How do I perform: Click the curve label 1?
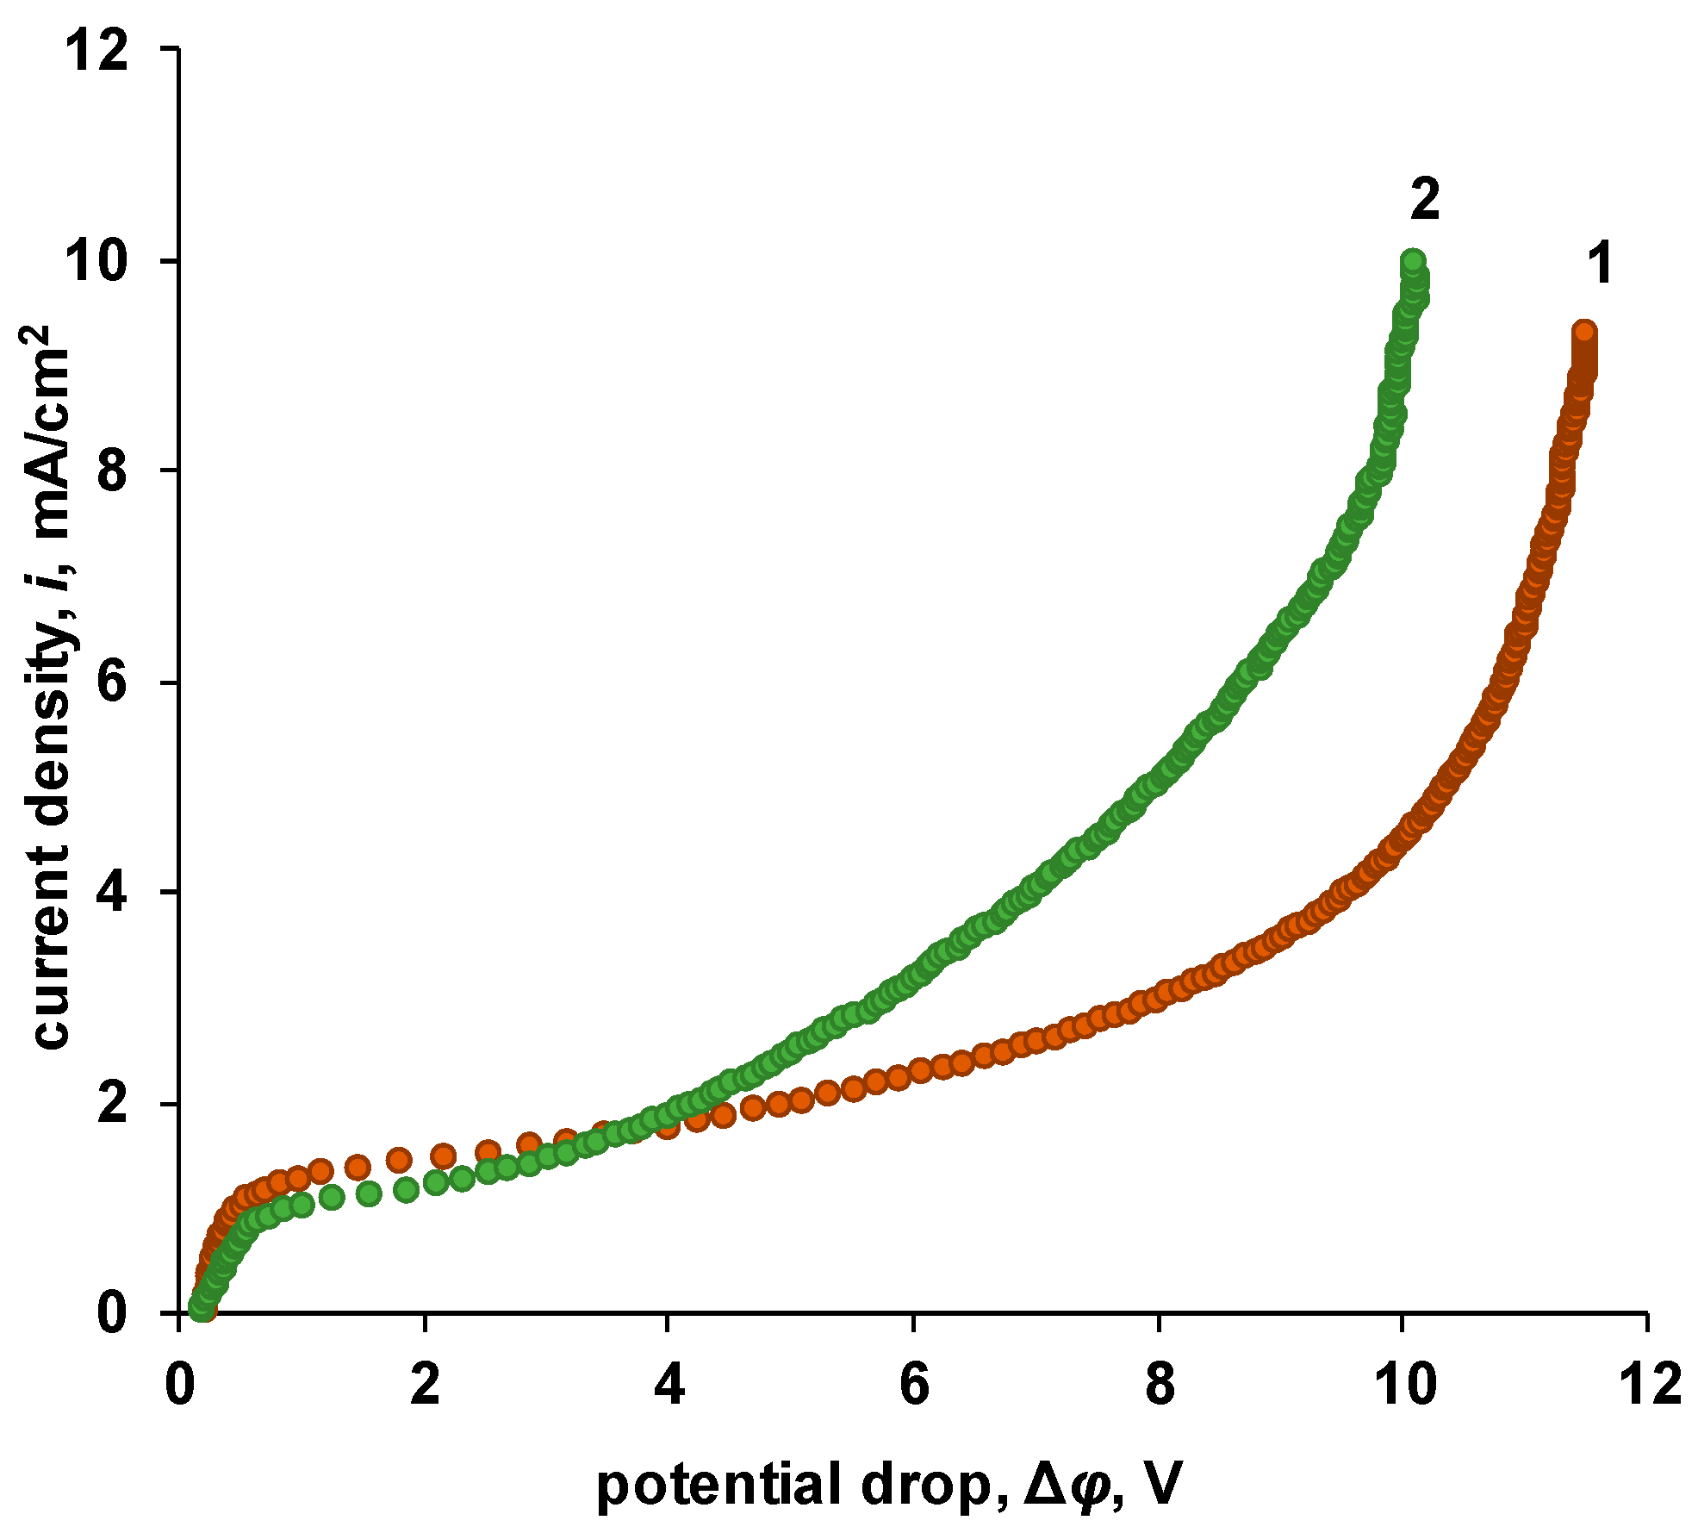tap(1600, 264)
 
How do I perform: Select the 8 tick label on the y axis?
tap(113, 472)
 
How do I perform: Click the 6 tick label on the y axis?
tap(113, 682)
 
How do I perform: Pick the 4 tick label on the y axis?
tap(113, 893)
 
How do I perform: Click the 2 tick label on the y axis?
tap(113, 1104)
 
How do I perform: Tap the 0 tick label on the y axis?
tap(113, 1313)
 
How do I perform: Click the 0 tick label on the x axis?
tap(178, 1386)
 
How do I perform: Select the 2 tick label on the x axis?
tap(424, 1386)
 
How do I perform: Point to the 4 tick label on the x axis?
tap(669, 1386)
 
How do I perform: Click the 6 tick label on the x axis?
tap(913, 1386)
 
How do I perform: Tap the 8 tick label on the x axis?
tap(1159, 1386)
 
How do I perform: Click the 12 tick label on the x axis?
tap(1647, 1386)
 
